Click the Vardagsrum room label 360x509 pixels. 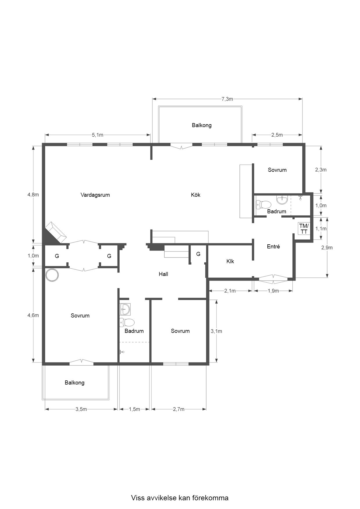click(x=95, y=195)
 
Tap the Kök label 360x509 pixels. click(x=196, y=195)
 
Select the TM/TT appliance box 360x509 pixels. click(x=304, y=229)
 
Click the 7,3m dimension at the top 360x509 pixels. click(x=227, y=99)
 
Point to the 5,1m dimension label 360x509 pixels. click(x=98, y=135)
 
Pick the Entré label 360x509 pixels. click(x=273, y=247)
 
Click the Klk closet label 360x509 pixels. click(x=230, y=261)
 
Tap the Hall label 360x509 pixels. click(x=163, y=274)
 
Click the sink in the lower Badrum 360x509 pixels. click(x=125, y=309)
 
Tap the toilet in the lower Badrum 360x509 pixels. click(x=127, y=322)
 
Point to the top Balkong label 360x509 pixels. click(x=202, y=125)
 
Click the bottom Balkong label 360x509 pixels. click(x=75, y=383)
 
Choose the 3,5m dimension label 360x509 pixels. click(x=81, y=409)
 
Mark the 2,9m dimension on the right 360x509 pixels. click(x=327, y=248)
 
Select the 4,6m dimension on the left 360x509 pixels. click(x=33, y=315)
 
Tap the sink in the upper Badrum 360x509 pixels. click(x=282, y=200)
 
